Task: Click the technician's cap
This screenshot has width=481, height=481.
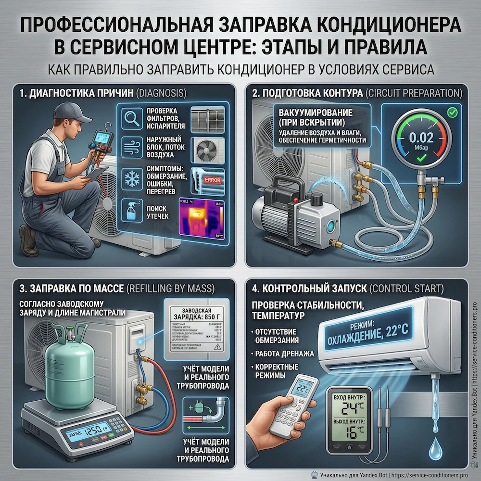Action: point(72,112)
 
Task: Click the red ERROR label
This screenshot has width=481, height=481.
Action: point(212,179)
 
